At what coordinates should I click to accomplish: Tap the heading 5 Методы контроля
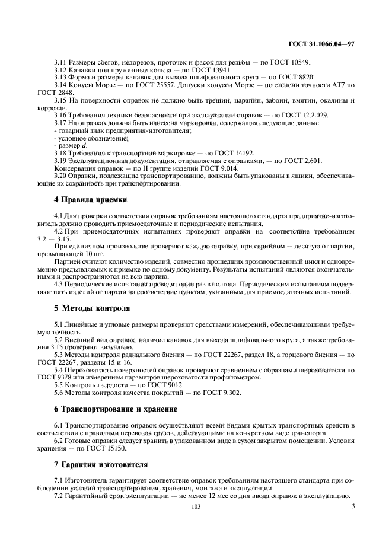[x=92, y=308]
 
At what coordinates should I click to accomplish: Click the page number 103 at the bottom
[x=196, y=507]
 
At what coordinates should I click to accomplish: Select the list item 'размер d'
[x=70, y=145]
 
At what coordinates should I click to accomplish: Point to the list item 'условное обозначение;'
[x=83, y=138]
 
